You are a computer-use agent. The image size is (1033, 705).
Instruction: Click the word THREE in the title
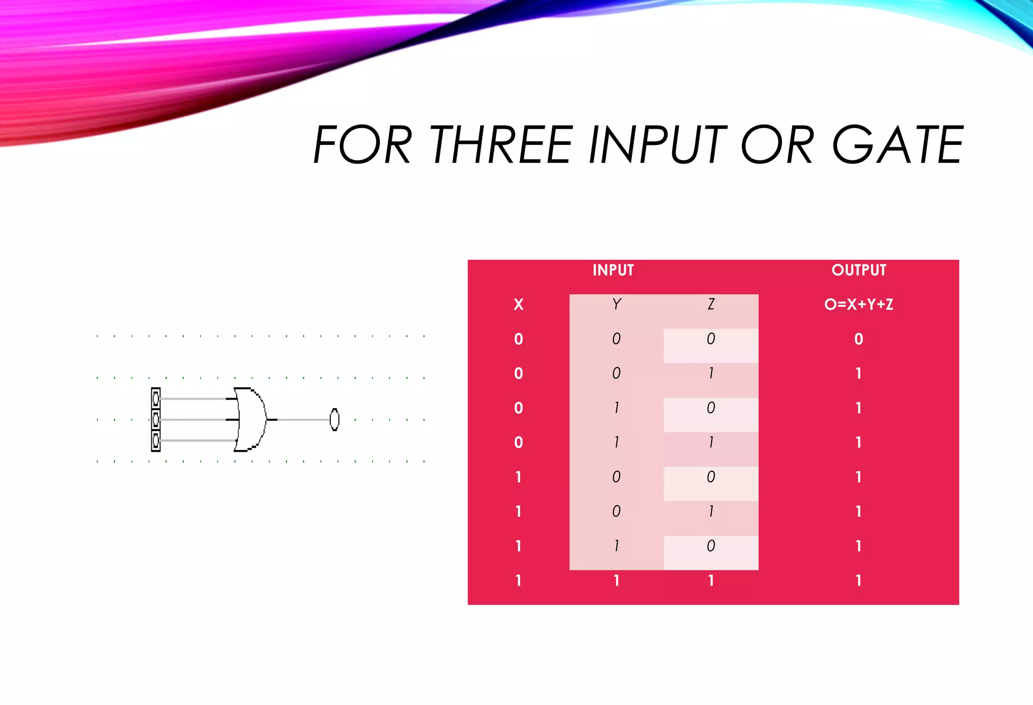502,145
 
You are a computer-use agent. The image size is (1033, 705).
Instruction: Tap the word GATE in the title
897,145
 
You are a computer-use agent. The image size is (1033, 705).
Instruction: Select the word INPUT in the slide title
657,145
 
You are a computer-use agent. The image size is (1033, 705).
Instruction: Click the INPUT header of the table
613,270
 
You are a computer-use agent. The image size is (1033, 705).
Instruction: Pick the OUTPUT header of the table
858,270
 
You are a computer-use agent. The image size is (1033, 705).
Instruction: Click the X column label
519,305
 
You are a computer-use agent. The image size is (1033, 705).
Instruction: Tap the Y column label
616,304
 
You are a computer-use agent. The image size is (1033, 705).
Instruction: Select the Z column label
711,304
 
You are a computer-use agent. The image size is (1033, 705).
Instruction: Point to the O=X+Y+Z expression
858,305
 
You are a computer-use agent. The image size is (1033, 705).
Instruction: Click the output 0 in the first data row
858,339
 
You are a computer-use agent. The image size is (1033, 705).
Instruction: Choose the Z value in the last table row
711,581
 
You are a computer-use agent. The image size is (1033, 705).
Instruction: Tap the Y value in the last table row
616,581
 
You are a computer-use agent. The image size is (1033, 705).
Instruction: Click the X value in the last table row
519,581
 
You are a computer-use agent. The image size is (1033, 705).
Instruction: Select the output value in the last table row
858,581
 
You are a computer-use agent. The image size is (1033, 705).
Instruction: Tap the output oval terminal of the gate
334,419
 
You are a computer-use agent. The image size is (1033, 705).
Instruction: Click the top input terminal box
156,399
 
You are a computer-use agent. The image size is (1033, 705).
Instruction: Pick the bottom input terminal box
156,441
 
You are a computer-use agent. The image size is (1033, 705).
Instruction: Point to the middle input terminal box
156,419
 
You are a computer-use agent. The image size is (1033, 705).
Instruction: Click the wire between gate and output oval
303,419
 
